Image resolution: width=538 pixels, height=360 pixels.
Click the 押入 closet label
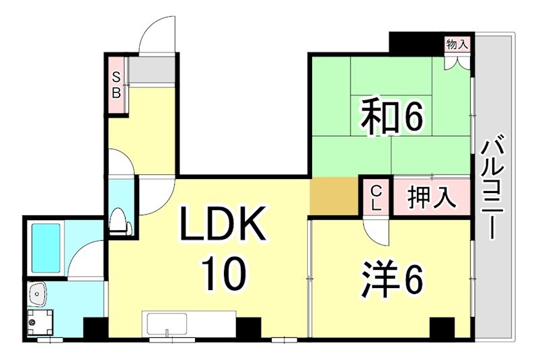click(x=432, y=198)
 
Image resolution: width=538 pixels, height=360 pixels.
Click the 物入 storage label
click(x=457, y=45)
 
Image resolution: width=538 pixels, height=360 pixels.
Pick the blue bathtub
click(x=46, y=246)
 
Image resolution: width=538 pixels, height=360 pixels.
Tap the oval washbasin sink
click(x=37, y=293)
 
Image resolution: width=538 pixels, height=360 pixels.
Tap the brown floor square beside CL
click(x=334, y=198)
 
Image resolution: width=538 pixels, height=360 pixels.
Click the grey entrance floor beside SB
click(x=152, y=68)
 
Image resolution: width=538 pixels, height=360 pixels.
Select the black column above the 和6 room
click(x=416, y=42)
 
